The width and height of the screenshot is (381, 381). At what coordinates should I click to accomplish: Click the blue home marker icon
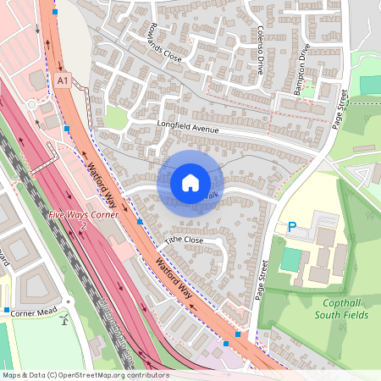click(190, 182)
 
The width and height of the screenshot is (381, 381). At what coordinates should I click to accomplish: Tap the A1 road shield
click(62, 80)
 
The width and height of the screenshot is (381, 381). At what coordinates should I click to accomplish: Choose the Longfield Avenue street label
click(188, 128)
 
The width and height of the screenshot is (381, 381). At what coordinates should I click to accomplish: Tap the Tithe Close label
click(185, 240)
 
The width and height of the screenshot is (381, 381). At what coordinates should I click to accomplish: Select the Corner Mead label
click(33, 312)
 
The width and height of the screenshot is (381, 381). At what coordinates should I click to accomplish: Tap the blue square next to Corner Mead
click(7, 311)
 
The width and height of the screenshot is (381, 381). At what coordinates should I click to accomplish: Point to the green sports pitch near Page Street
click(370, 85)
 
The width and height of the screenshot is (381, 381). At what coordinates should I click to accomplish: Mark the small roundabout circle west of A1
click(32, 104)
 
